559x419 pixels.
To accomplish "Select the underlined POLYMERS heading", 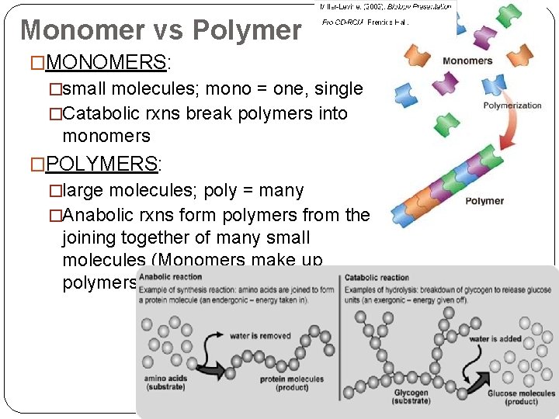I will click(x=102, y=164).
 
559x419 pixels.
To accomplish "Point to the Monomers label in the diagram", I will click(x=467, y=61).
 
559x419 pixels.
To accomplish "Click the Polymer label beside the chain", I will click(x=484, y=201).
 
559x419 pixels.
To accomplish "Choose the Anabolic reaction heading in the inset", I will click(x=170, y=277).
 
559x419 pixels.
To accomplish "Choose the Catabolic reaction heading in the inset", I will click(x=377, y=277).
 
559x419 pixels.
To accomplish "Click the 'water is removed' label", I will click(x=260, y=336).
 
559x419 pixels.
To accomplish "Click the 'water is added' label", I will click(x=495, y=339).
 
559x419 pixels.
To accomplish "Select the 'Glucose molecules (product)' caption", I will click(x=521, y=397).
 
